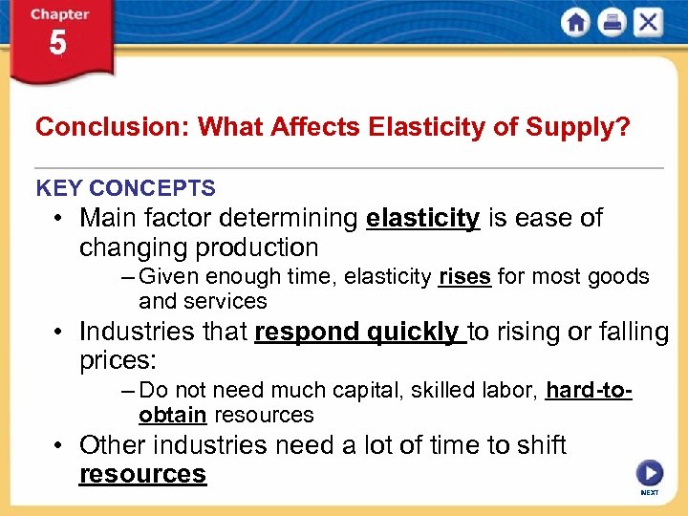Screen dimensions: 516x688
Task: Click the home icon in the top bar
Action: click(576, 23)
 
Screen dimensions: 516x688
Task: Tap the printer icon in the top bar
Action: click(612, 23)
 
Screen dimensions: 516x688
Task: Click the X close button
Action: click(648, 23)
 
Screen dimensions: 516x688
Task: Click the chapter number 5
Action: click(58, 43)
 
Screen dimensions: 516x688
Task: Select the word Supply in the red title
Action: click(587, 127)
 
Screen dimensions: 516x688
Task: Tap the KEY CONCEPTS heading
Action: click(125, 188)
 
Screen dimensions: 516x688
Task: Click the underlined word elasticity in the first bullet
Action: click(422, 218)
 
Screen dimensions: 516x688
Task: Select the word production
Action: click(259, 247)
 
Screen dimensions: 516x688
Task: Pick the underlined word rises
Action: click(464, 277)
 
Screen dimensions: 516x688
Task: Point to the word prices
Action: click(118, 361)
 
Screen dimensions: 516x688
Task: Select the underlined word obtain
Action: click(172, 415)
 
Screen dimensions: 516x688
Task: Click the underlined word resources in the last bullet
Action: click(142, 474)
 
